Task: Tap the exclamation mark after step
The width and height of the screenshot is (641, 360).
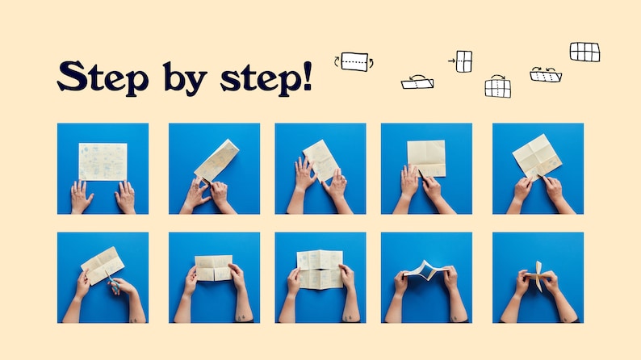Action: [x=308, y=76]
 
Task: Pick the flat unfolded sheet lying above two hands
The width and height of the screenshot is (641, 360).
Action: [x=103, y=161]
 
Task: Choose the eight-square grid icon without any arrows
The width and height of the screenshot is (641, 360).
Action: [x=585, y=52]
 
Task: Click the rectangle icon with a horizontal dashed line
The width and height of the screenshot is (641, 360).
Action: [x=354, y=61]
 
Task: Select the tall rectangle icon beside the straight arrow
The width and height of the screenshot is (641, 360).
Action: [x=464, y=61]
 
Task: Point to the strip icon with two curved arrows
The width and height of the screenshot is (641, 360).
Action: [x=546, y=76]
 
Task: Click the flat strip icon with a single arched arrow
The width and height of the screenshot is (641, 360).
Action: [x=417, y=83]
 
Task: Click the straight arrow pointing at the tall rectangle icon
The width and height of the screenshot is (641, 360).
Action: [x=451, y=61]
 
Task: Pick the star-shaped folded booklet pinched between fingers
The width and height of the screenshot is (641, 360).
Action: [x=538, y=276]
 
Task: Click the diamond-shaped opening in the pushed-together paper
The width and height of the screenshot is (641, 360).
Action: [x=427, y=271]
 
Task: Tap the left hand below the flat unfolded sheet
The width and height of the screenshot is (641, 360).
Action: [x=81, y=196]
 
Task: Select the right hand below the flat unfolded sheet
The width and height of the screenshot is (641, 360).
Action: [x=125, y=196]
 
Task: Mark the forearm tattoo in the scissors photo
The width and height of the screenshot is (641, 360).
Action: [x=134, y=320]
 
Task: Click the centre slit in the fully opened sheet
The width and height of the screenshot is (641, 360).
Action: [x=320, y=270]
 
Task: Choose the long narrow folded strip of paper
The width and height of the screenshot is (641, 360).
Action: [x=216, y=161]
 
